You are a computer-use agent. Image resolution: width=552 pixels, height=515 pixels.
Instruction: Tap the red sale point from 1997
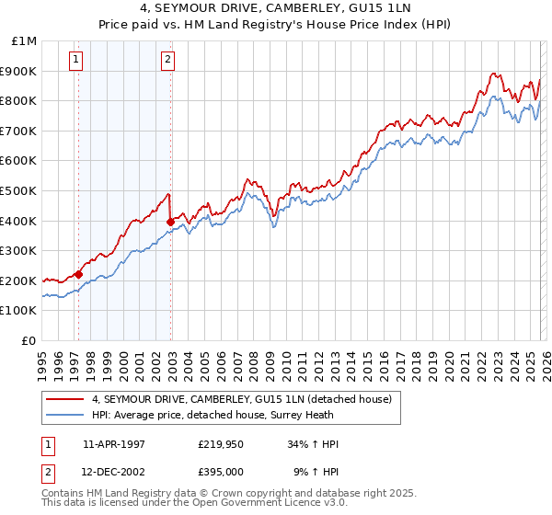tap(79, 274)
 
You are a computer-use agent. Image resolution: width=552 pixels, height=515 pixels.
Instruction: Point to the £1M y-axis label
tap(26, 41)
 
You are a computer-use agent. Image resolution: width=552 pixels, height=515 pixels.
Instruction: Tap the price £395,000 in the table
tap(220, 472)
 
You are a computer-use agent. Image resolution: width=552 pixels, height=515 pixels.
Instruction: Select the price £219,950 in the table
tap(220, 444)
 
